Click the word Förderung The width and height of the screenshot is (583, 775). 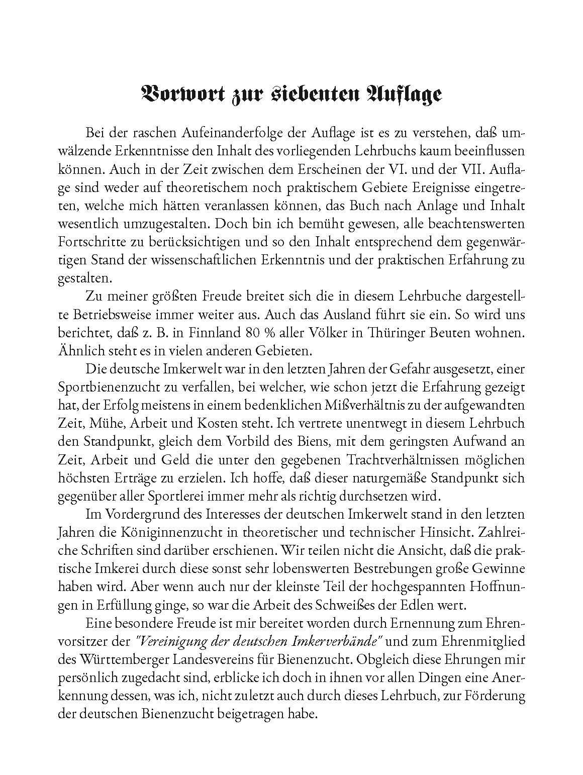(x=491, y=696)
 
